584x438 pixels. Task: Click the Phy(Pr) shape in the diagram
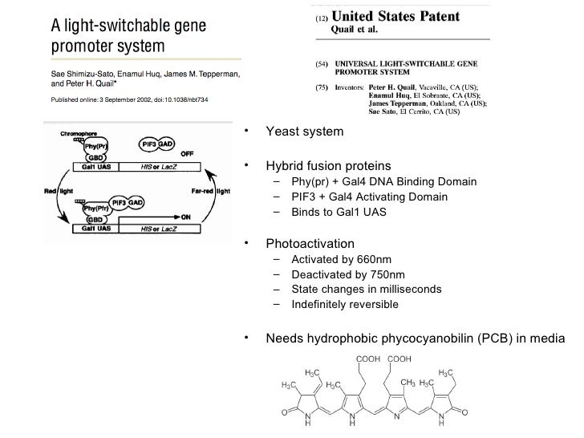[x=95, y=148]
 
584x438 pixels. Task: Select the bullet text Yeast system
[x=304, y=132]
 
